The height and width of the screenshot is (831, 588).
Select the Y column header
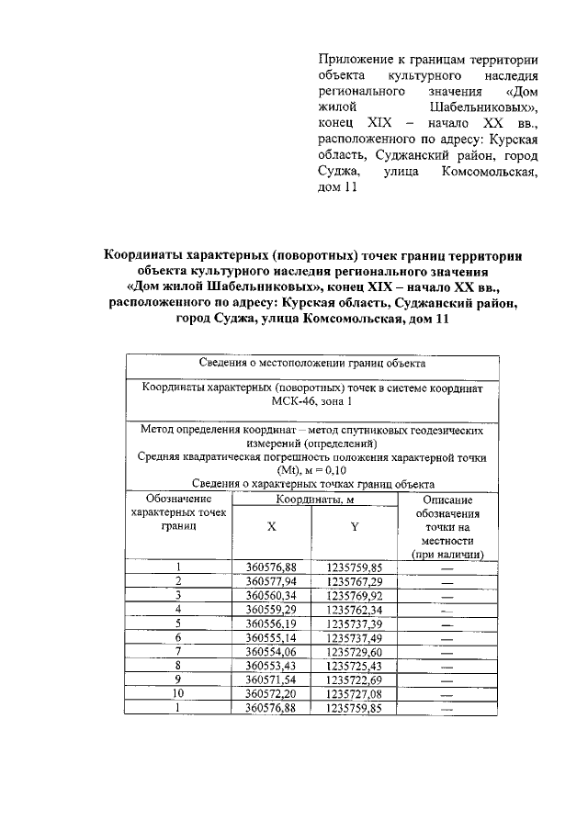coord(354,528)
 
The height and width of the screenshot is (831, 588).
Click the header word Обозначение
coord(178,499)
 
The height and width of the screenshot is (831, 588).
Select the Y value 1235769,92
coord(354,595)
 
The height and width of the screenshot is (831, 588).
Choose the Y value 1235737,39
coord(354,623)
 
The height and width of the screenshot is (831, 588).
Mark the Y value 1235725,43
coord(354,665)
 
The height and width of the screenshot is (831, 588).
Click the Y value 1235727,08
coord(354,693)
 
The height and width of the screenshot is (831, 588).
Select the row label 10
coord(179,693)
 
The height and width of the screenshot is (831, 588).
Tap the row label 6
coord(179,637)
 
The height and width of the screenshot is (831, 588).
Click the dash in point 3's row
coord(447,596)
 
